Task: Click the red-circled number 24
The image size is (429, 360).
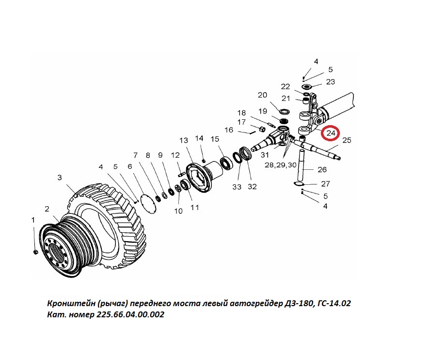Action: (x=331, y=133)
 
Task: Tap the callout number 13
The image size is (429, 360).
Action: (x=184, y=140)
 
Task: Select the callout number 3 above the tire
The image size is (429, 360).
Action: (x=60, y=178)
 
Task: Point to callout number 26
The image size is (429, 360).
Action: (x=322, y=170)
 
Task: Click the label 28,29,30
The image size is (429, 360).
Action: (x=281, y=165)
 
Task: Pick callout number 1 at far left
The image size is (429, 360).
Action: (x=33, y=220)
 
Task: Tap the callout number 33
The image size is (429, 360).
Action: (x=237, y=187)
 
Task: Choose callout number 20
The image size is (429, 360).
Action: (x=262, y=95)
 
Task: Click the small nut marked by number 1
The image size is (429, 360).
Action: (x=35, y=252)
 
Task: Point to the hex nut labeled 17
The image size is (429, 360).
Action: (x=262, y=128)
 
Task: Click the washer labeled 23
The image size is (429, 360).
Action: (x=307, y=87)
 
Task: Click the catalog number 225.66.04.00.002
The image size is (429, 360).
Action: (x=130, y=314)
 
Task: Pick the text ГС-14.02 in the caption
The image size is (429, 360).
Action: (x=334, y=303)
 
